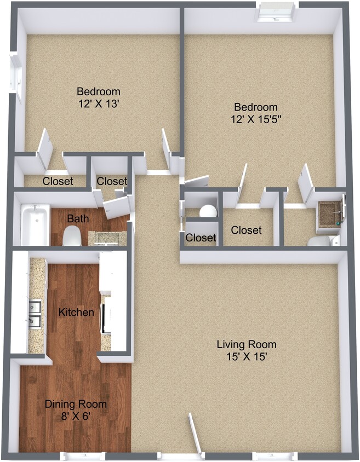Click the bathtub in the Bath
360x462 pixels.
35,225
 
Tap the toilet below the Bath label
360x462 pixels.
72,236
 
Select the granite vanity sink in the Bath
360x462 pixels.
107,238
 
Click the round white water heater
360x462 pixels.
208,211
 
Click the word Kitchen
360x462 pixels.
76,313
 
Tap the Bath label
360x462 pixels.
78,218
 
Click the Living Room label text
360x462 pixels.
247,344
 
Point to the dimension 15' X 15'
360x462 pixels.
247,357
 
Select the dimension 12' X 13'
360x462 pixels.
99,104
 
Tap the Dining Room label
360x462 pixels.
76,404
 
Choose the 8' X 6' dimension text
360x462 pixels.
76,417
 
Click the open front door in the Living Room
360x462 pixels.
195,433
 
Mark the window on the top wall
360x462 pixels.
276,12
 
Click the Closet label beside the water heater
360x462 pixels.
201,237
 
